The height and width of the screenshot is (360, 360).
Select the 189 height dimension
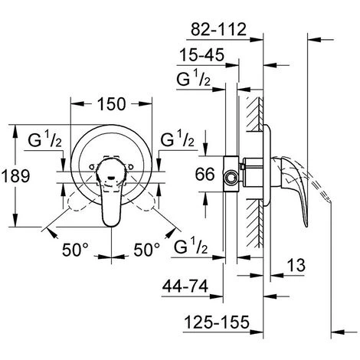click(15, 176)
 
